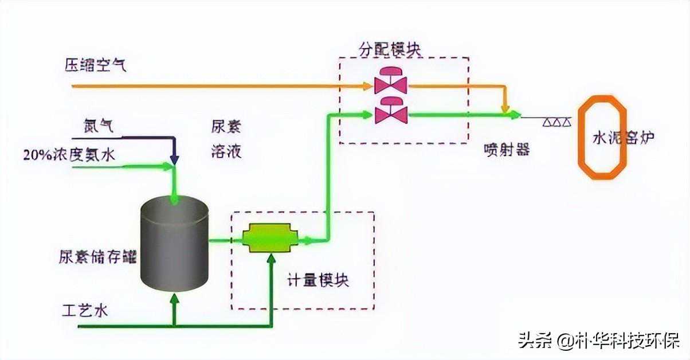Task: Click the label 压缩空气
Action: coord(95,65)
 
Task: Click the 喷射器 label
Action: coord(507,150)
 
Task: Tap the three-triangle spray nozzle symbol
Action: coord(556,122)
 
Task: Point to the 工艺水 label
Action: coord(85,311)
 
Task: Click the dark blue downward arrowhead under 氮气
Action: coord(175,158)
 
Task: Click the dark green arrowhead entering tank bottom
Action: coord(175,298)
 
